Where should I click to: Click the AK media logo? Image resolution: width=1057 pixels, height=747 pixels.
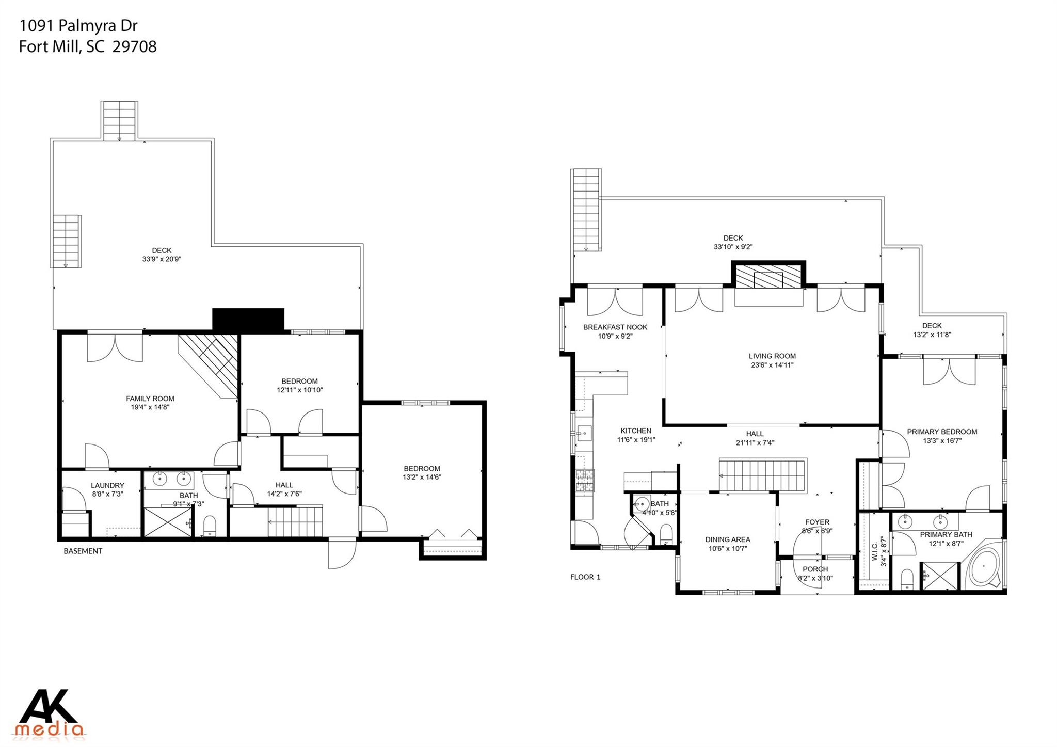51,712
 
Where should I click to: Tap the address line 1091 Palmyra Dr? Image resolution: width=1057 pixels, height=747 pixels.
78,25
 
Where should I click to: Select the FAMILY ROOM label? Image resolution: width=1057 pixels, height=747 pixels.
150,399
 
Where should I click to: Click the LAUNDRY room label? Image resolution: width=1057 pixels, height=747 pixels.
107,485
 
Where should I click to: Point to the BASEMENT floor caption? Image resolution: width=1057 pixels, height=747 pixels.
83,551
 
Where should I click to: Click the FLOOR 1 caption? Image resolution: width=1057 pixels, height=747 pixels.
585,577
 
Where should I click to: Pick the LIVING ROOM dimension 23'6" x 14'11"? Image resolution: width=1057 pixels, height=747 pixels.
772,365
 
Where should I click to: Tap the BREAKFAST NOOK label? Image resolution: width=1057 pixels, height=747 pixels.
615,327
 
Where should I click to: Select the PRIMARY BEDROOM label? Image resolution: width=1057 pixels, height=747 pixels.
942,432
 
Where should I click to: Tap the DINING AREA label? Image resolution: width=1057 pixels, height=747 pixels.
728,539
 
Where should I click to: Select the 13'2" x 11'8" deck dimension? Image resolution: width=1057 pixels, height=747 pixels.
932,335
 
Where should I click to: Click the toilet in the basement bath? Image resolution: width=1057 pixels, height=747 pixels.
210,526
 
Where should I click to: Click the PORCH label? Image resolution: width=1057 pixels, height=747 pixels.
815,569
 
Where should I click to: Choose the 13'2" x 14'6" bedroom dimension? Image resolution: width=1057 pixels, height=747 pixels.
422,477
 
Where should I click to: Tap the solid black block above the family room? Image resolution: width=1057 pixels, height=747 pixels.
248,319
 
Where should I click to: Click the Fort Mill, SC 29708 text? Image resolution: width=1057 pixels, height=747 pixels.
88,47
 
